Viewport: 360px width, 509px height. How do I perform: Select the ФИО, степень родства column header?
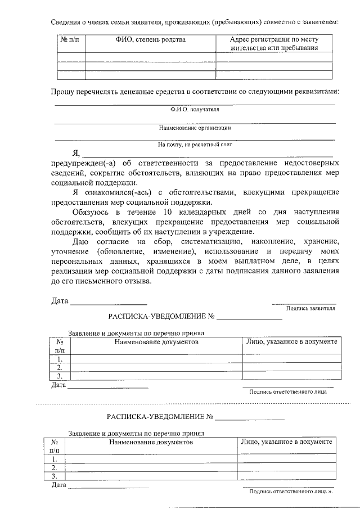pos(150,40)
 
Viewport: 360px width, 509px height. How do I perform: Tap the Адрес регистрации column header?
pos(274,44)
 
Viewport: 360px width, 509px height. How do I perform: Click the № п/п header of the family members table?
pos(70,40)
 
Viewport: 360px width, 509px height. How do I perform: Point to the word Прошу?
pos(62,91)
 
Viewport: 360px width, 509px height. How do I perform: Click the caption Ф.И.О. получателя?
pos(195,109)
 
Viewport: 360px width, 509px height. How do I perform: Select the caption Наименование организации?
pos(195,128)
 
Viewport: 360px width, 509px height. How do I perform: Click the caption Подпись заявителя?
pos(310,308)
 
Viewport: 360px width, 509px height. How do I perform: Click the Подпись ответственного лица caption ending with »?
pos(291,491)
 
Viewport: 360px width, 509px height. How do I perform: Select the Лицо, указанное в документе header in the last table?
pos(286,442)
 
